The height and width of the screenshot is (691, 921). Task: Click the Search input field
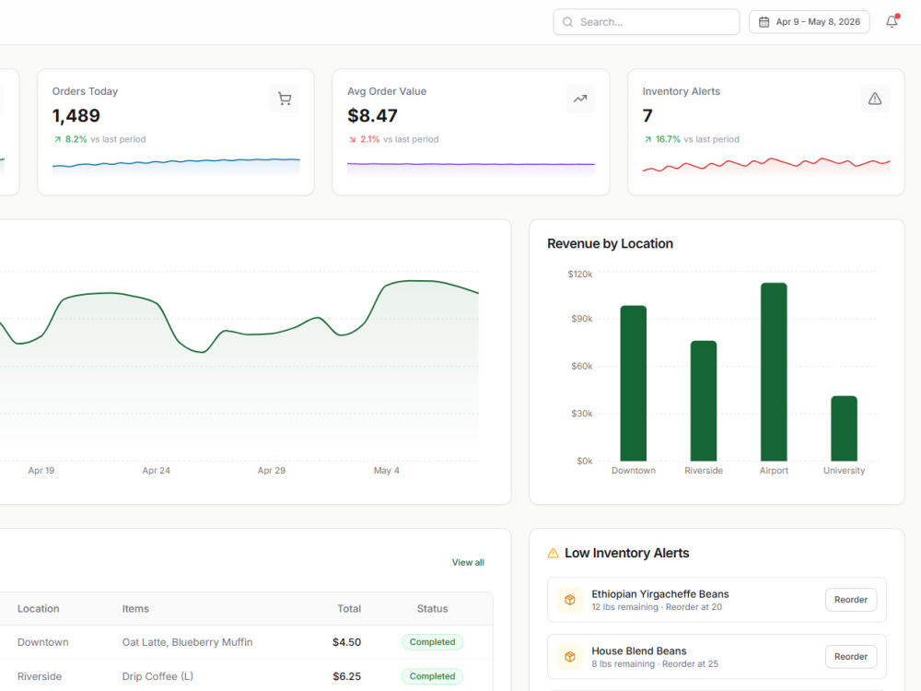click(647, 22)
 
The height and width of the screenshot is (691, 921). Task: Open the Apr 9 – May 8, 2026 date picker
click(809, 22)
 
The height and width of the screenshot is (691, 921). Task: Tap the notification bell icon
click(892, 22)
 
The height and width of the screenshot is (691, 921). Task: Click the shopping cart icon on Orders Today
click(285, 99)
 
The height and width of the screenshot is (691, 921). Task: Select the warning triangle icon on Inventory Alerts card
click(875, 99)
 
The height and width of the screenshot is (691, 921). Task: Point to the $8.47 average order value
click(372, 116)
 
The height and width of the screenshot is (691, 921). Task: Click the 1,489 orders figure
click(76, 116)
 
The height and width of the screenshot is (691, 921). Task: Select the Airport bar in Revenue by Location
click(774, 372)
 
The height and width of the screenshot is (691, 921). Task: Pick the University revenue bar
click(844, 428)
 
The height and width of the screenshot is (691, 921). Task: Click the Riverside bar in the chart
click(704, 401)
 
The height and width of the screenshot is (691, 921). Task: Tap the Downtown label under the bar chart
click(634, 471)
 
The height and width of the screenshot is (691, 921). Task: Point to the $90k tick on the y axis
click(581, 319)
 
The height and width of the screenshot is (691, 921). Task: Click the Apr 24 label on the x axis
click(157, 471)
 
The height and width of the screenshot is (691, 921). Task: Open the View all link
click(468, 562)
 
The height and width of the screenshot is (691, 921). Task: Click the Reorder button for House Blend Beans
click(851, 656)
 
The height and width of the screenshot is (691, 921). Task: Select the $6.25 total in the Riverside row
click(346, 676)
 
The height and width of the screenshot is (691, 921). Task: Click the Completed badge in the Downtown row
click(432, 642)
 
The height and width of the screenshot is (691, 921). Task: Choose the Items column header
click(135, 609)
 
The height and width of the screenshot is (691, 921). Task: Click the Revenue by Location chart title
click(611, 244)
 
